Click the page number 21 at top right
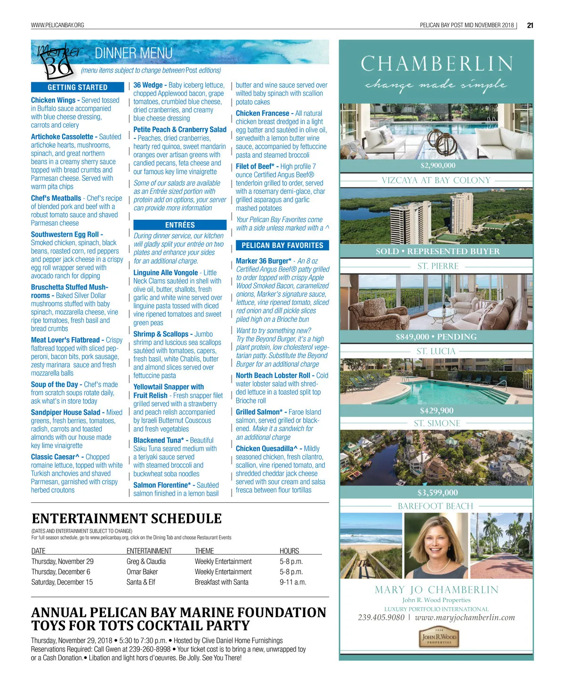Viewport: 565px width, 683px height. (530, 25)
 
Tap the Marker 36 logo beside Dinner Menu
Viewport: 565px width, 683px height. (57, 60)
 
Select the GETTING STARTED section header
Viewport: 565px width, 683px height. (78, 87)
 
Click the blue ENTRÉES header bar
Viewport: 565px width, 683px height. (180, 225)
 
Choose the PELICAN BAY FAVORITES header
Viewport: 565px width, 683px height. (282, 245)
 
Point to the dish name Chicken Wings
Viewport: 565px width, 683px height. (53, 100)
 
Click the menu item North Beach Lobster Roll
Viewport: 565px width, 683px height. (273, 376)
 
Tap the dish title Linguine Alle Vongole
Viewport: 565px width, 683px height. (166, 273)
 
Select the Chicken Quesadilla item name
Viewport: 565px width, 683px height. (266, 449)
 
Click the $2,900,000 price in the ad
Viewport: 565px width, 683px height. (438, 165)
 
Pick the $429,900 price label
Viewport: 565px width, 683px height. (436, 410)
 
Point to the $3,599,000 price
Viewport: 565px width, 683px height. (437, 493)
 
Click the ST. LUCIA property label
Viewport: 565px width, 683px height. (436, 351)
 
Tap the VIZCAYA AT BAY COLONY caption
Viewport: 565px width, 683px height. (436, 180)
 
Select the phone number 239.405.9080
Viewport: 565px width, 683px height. (381, 617)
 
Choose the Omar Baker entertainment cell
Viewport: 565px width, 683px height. (142, 572)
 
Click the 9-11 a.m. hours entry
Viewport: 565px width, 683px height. (293, 582)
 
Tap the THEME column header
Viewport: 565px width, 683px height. (204, 551)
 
